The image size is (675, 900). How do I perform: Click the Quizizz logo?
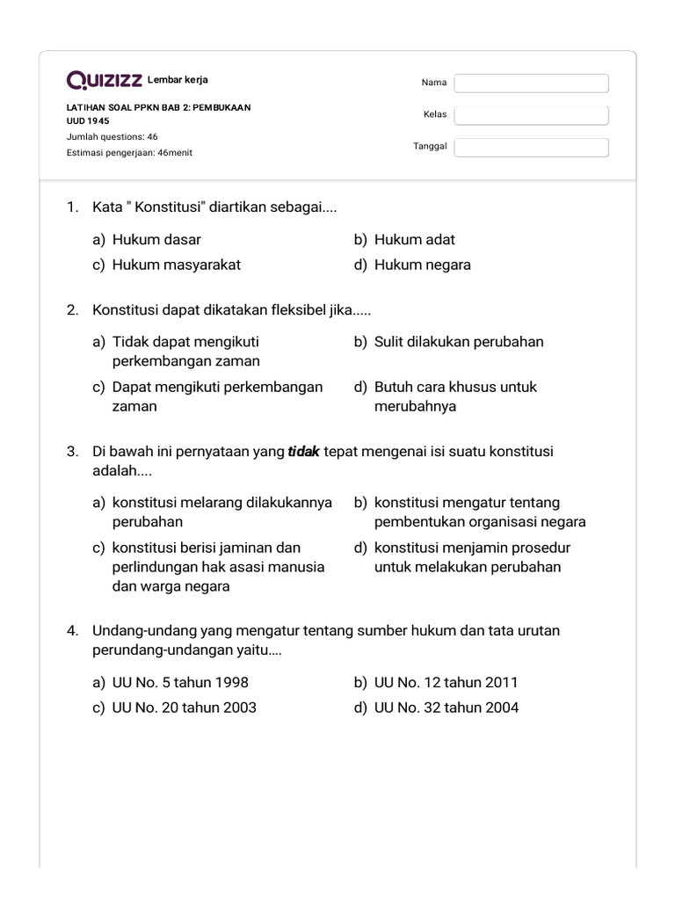coord(105,81)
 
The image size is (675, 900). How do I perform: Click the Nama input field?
coord(531,83)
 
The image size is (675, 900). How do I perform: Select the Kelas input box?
coord(531,115)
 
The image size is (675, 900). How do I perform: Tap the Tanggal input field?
coord(531,147)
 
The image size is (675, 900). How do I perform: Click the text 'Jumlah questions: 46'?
coord(112,136)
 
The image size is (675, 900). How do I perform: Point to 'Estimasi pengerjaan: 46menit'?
coord(129,152)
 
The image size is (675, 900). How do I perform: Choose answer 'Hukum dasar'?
coord(156,239)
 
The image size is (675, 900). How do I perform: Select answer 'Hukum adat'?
coord(414,239)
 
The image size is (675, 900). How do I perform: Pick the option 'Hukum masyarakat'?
coord(176,265)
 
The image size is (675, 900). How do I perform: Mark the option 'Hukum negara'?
coord(422,265)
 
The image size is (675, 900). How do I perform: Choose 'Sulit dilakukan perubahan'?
coord(458,341)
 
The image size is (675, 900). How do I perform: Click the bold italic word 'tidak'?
coord(303,452)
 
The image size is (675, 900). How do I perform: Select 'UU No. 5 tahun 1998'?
coord(174,682)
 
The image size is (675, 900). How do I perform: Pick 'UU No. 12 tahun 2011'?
coord(446,682)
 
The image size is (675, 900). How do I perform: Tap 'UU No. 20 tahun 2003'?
coord(184,707)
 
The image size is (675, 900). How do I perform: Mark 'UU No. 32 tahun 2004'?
coord(446,707)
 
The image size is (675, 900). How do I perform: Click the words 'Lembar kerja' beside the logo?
coord(178,80)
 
